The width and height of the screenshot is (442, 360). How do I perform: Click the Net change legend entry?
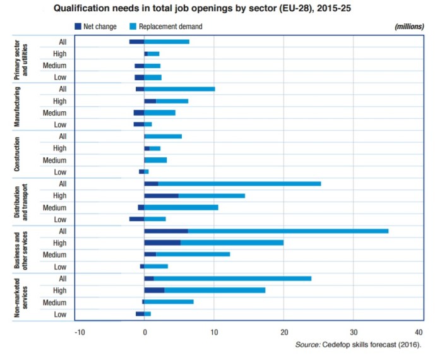(x=95, y=27)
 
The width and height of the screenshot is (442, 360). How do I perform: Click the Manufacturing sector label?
(x=18, y=106)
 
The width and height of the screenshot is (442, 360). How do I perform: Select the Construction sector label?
(x=18, y=153)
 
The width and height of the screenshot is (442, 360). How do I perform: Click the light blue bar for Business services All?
(x=288, y=231)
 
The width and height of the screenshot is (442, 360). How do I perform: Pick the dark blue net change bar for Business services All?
(x=166, y=231)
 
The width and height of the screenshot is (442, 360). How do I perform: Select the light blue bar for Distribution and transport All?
(x=239, y=184)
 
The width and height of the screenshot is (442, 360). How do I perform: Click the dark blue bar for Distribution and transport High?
(x=161, y=196)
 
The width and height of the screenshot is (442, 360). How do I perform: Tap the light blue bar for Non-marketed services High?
(x=215, y=290)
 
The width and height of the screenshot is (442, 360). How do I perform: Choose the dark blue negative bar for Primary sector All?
(x=136, y=42)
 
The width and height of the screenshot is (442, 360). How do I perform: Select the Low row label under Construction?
(x=60, y=172)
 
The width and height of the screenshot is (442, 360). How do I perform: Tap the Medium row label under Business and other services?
(x=55, y=255)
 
